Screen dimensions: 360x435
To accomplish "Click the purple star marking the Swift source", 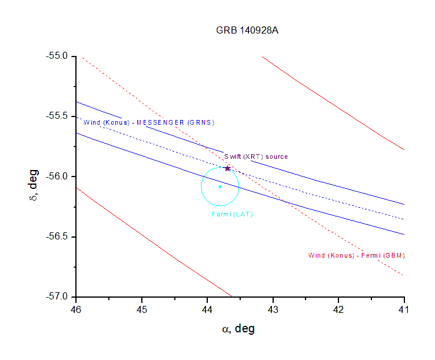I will (227, 168).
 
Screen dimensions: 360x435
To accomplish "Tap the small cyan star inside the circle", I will (220, 186).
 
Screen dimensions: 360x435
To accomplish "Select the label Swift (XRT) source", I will (256, 156).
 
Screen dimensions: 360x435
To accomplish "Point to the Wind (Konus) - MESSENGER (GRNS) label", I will (149, 122).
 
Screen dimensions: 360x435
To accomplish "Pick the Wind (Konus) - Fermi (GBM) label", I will (357, 255).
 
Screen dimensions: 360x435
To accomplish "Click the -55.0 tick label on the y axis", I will (59, 56).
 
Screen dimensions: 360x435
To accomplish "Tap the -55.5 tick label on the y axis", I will (59, 116).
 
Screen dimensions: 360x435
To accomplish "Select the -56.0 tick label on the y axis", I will (59, 176).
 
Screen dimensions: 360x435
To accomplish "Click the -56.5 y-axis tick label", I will (59, 236).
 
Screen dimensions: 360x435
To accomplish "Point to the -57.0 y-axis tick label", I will (59, 296).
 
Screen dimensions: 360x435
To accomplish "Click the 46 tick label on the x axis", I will (76, 309).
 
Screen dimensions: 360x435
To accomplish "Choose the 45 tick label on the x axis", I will (142, 309).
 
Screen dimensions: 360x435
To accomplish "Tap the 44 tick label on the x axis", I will (207, 309).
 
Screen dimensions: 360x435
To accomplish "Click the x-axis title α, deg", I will (238, 329).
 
